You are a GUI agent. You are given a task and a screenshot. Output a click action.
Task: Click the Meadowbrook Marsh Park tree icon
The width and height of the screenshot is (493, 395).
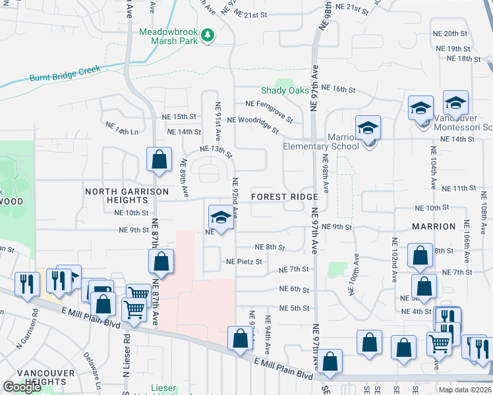tap(208, 34)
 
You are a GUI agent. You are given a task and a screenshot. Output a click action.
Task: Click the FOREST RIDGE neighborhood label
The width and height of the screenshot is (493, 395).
tap(285, 197)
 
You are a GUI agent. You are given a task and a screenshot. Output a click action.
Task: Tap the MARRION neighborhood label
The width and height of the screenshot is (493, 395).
tap(434, 226)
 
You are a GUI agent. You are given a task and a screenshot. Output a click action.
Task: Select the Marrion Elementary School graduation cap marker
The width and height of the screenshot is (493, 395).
tap(368, 128)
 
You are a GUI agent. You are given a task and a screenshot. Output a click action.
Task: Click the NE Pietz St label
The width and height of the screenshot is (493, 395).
tap(244, 261)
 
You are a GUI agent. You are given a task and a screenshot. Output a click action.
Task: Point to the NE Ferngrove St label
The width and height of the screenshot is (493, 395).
tap(269, 109)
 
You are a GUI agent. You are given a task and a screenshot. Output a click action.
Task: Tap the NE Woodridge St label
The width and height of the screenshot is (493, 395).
tap(253, 124)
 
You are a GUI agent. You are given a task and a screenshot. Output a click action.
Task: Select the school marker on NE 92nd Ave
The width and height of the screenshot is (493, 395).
tap(221, 217)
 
